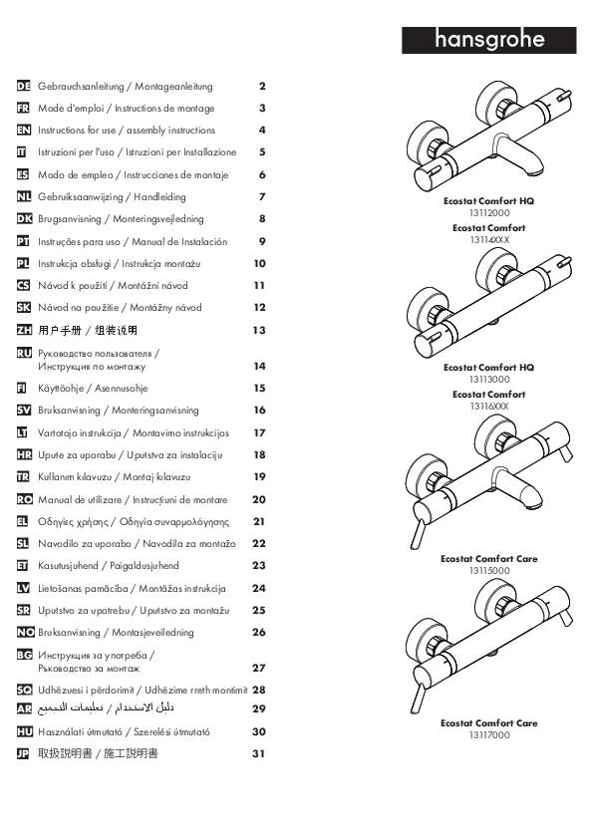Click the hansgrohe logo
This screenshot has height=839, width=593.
click(488, 40)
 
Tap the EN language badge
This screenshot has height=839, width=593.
click(24, 130)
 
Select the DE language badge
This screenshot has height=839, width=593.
click(24, 86)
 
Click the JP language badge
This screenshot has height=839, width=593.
click(23, 754)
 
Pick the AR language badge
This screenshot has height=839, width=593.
click(24, 709)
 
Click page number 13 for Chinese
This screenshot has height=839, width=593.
click(259, 331)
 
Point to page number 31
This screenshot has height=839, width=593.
click(258, 754)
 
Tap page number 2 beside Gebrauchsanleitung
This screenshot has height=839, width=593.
click(262, 86)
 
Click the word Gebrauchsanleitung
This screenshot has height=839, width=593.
click(81, 86)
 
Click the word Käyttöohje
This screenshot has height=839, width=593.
click(61, 389)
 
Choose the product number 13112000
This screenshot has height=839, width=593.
click(489, 213)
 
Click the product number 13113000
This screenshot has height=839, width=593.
click(489, 380)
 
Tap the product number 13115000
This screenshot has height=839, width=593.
click(489, 570)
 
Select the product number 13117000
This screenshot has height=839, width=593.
click(489, 735)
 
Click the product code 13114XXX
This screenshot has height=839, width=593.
click(489, 240)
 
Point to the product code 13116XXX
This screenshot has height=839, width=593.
click(489, 407)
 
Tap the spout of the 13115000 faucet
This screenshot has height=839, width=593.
click(517, 488)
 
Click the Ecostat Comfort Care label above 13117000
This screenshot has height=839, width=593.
click(489, 722)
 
